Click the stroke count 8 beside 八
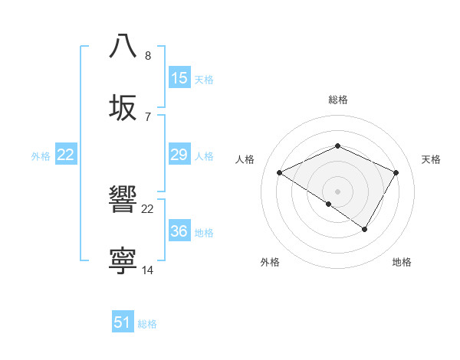pos(148,55)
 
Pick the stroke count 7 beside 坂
pos(148,116)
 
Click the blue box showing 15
pos(179,78)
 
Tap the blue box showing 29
pos(179,155)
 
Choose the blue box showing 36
pos(179,231)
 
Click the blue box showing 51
pos(123,322)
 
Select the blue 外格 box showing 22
pos(66,155)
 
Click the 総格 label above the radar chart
pos(338,100)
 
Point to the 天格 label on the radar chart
pos(431,159)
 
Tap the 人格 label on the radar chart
pos(245,159)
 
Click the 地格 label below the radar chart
pos(402,262)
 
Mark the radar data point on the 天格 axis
pos(396,172)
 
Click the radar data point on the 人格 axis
pos(280,172)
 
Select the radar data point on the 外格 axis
pos(329,204)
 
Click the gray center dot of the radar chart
pos(338,191)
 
